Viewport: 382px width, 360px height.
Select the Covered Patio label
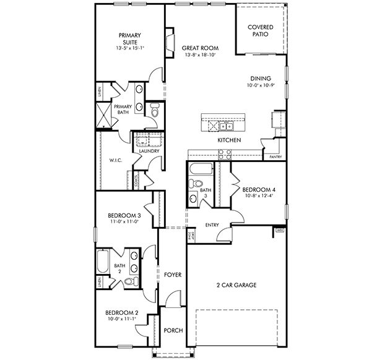click(x=261, y=32)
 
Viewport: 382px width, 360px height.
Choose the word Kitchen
click(x=228, y=140)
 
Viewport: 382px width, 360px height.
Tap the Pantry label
click(x=276, y=157)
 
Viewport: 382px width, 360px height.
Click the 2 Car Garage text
click(x=237, y=285)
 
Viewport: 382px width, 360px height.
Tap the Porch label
click(x=173, y=331)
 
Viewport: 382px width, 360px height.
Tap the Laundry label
click(x=149, y=151)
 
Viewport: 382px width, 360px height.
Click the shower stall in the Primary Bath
click(x=102, y=116)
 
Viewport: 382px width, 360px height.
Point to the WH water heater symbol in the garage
click(x=280, y=231)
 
